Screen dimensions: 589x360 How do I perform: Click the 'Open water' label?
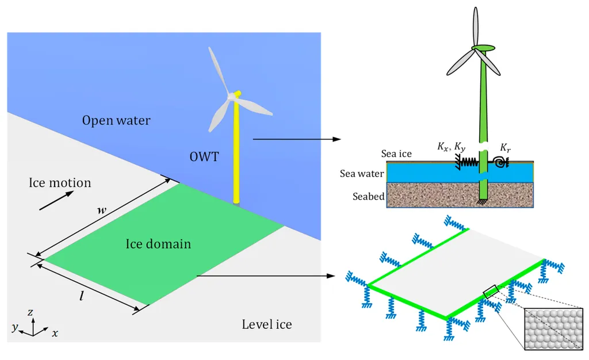(x=116, y=120)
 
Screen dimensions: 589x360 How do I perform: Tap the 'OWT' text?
(x=204, y=156)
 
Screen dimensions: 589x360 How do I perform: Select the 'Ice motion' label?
(x=60, y=182)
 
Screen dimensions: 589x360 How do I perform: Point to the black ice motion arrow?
(x=56, y=201)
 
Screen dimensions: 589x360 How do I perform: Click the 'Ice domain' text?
(x=158, y=244)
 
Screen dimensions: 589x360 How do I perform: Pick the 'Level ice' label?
(x=267, y=324)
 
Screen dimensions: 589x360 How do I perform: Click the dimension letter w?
(x=102, y=210)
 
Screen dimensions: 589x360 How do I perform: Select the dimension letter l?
(x=82, y=296)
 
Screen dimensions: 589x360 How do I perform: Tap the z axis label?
(x=30, y=312)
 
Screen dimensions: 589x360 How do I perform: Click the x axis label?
(x=55, y=333)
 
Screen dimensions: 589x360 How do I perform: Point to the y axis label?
(x=14, y=327)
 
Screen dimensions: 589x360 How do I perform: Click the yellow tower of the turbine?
(x=236, y=148)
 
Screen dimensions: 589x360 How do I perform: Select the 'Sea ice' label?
(x=396, y=154)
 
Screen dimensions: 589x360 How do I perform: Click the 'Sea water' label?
(x=362, y=174)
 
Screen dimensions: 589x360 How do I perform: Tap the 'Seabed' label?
(x=369, y=196)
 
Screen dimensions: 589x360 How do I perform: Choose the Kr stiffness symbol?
(x=505, y=148)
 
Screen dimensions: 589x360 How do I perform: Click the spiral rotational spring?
(x=501, y=163)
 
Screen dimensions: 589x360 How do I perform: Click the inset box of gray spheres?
(x=553, y=329)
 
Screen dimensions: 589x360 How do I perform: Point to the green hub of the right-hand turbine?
(x=483, y=48)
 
